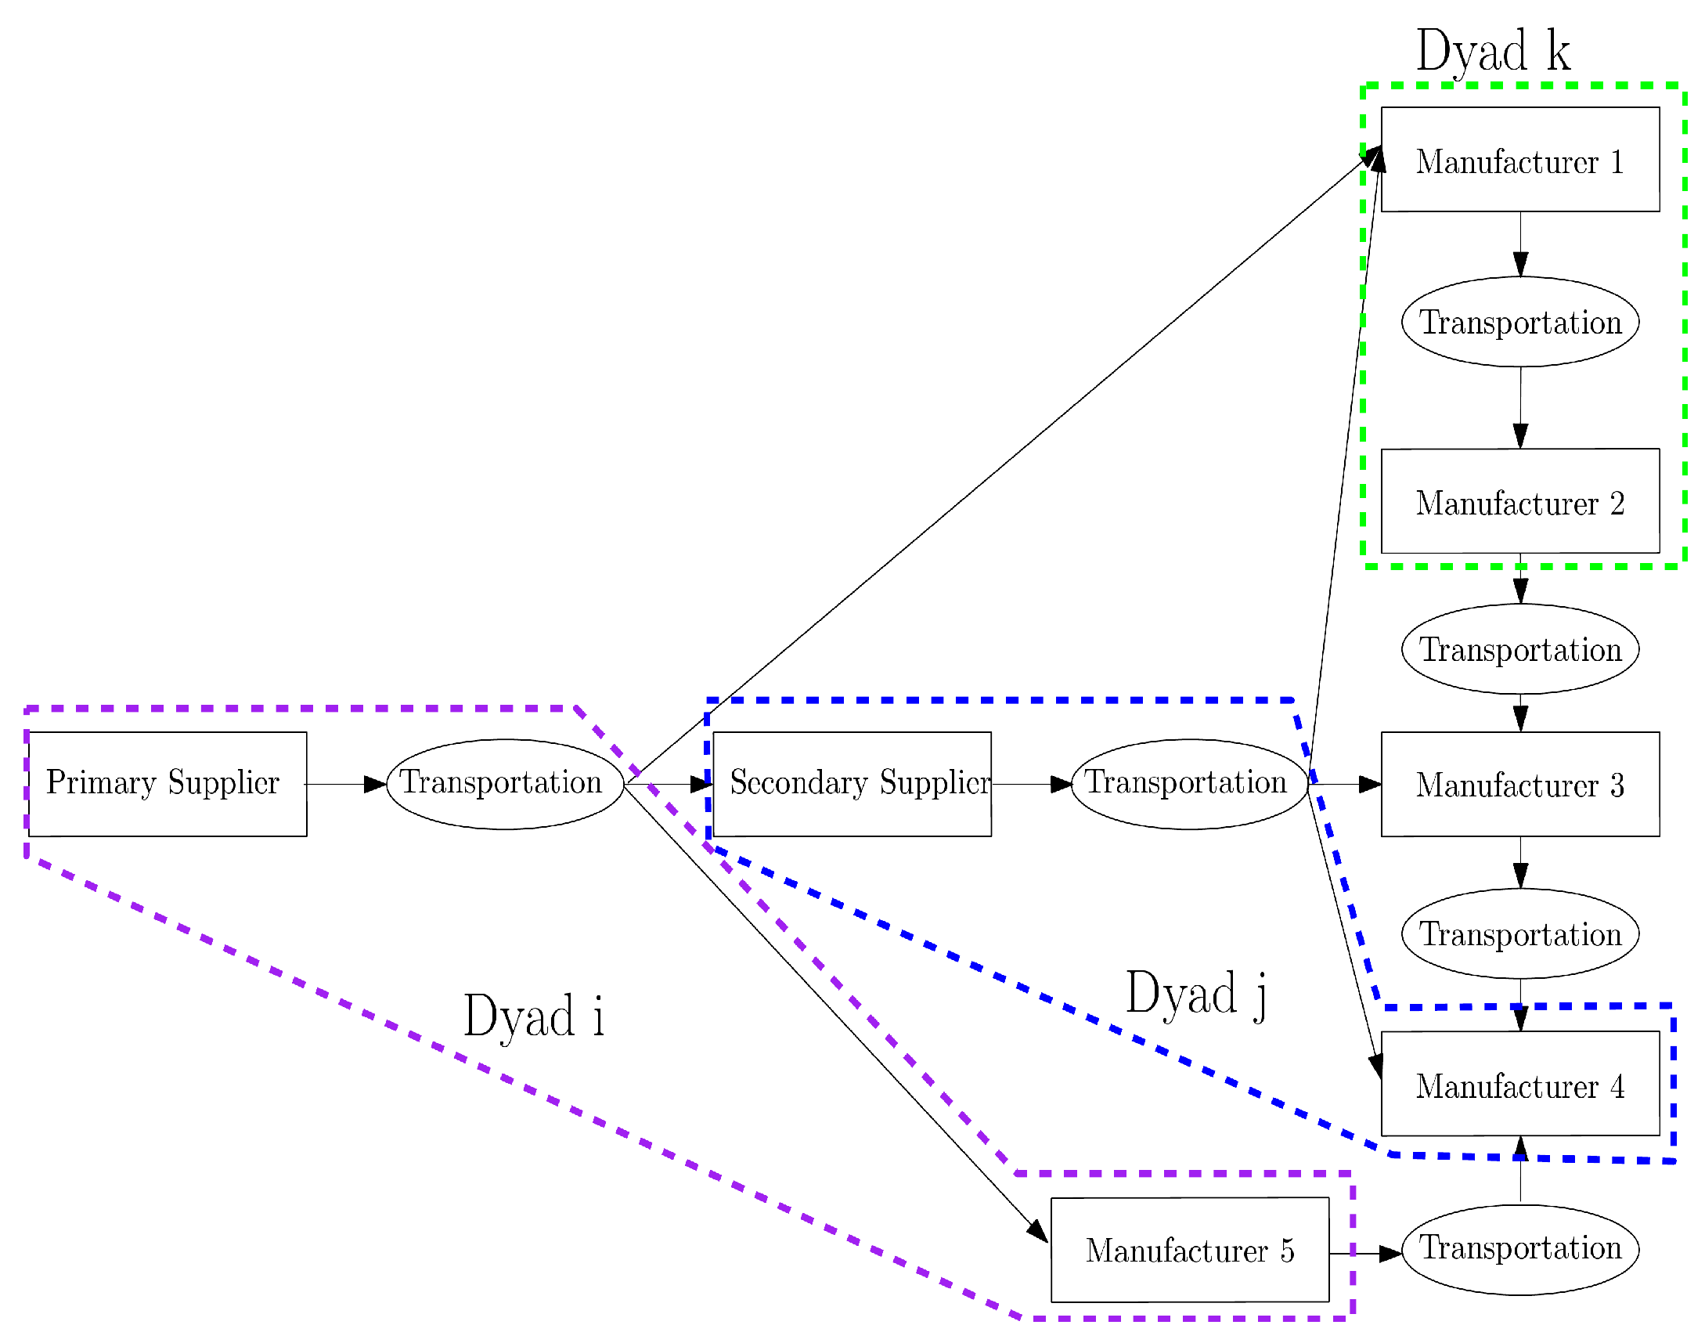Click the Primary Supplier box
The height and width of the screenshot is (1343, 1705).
[x=168, y=784]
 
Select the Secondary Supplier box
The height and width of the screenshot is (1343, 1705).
[x=851, y=784]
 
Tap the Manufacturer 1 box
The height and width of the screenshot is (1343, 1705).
[x=1519, y=160]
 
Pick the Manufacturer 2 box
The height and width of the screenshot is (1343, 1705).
[x=1519, y=501]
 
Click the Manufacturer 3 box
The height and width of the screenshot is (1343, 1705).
[x=1519, y=784]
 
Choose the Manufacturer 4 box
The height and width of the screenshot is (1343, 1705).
[x=1519, y=1085]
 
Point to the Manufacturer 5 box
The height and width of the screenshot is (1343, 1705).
[x=1189, y=1250]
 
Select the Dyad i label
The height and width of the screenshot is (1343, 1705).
[x=533, y=1016]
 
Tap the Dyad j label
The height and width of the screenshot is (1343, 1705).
[x=1195, y=994]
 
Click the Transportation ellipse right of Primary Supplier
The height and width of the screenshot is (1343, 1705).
[x=505, y=784]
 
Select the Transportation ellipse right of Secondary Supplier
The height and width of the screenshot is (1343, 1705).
[x=1189, y=784]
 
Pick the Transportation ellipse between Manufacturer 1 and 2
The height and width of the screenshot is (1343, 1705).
[x=1519, y=322]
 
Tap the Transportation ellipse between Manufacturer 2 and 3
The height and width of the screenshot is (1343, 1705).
[x=1519, y=648]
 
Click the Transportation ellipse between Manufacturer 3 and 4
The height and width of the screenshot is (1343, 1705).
[x=1519, y=933]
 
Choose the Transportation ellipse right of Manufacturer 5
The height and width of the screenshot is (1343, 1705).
[x=1519, y=1250]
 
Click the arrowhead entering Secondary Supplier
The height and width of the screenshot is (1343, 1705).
[x=701, y=784]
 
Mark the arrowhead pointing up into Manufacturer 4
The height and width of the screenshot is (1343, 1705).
[x=1519, y=1149]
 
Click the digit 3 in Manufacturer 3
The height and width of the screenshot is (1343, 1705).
[x=1617, y=785]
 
